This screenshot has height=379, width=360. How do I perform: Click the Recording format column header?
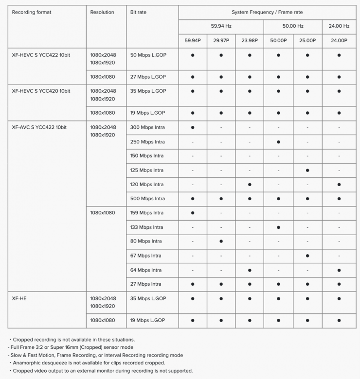point(31,12)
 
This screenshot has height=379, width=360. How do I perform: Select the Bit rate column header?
point(139,12)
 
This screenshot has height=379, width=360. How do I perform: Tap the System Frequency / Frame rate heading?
point(267,12)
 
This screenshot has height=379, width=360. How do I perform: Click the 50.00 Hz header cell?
point(292,26)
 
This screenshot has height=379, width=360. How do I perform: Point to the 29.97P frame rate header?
point(221,40)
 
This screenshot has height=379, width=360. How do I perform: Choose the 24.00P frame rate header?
point(339,40)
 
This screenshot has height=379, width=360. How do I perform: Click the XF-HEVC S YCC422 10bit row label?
point(41,55)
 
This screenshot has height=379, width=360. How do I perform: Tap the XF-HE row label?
point(19,298)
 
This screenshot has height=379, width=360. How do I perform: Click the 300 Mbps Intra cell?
point(147,127)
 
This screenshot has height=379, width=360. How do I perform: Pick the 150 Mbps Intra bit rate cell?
point(147,156)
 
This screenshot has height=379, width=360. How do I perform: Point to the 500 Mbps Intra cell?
point(147,199)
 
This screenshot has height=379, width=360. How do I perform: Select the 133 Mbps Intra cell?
point(146,227)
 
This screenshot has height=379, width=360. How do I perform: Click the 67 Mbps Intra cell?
point(145,256)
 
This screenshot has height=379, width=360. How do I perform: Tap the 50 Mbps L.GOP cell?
point(148,55)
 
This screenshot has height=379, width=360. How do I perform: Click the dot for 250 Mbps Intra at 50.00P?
point(278,142)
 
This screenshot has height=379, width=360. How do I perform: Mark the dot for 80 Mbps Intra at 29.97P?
point(221,241)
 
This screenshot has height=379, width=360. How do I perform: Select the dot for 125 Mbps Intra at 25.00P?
point(307,171)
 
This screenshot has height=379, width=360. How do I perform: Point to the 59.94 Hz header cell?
point(221,26)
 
